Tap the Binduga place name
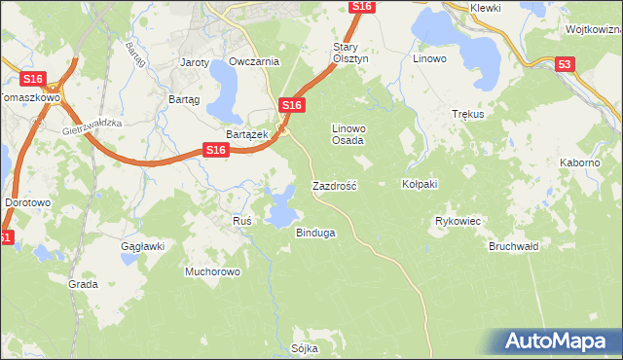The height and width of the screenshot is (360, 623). [x=315, y=233]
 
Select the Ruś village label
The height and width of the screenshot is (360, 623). [x=242, y=221]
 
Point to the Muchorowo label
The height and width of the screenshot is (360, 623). [x=212, y=271]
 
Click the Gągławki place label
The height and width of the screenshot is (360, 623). [x=141, y=246]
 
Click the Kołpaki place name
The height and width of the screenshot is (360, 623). [x=421, y=184]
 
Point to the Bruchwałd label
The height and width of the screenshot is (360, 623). [x=513, y=246]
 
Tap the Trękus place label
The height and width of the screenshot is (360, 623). [x=468, y=114]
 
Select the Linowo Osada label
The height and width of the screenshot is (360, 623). [x=348, y=134]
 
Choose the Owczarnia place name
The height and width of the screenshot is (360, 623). [x=254, y=61]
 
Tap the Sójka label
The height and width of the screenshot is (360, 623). [x=305, y=347]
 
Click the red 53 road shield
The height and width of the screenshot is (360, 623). [x=566, y=64]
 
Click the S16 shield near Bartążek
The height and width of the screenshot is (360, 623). [x=292, y=105]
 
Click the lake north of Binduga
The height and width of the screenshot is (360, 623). [x=282, y=205]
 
